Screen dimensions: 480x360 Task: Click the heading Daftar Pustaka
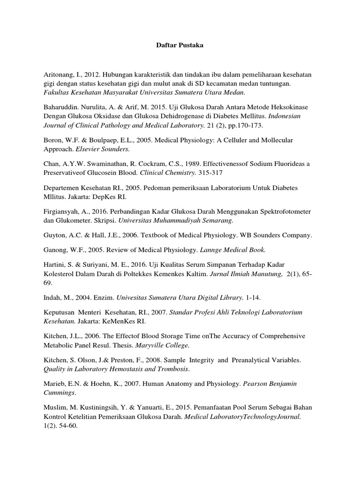pos(180,46)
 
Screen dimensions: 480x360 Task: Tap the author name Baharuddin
pos(61,106)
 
